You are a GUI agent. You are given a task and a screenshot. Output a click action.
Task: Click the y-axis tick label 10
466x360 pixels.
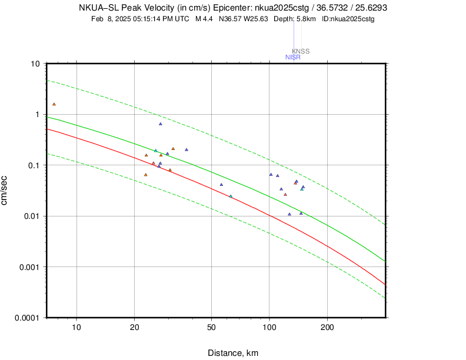[35, 64]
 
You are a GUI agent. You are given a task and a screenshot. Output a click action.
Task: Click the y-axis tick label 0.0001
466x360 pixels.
[26, 318]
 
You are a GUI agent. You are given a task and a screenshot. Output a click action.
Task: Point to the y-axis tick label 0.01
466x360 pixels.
[31, 216]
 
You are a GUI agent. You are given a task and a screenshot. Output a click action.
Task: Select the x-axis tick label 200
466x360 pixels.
[327, 328]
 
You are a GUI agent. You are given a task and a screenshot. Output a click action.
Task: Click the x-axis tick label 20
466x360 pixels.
[134, 328]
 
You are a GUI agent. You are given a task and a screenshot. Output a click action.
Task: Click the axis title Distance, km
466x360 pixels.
[232, 353]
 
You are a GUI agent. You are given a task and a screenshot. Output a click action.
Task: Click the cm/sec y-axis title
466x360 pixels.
[5, 191]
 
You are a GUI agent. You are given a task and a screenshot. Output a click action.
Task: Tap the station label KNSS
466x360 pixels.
[301, 51]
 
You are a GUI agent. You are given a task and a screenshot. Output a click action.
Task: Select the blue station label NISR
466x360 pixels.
[292, 57]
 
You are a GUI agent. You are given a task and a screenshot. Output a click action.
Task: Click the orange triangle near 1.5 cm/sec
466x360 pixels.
[54, 104]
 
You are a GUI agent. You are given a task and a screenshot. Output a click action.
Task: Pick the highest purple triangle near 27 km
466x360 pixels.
[160, 124]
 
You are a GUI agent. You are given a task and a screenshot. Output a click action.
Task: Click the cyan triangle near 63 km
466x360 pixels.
[231, 196]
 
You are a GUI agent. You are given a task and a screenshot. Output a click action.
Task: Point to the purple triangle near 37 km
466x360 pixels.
[187, 149]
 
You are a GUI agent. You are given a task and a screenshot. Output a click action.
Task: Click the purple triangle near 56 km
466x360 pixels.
[221, 184]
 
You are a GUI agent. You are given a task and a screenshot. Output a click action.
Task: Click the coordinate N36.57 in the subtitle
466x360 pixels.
[231, 19]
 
